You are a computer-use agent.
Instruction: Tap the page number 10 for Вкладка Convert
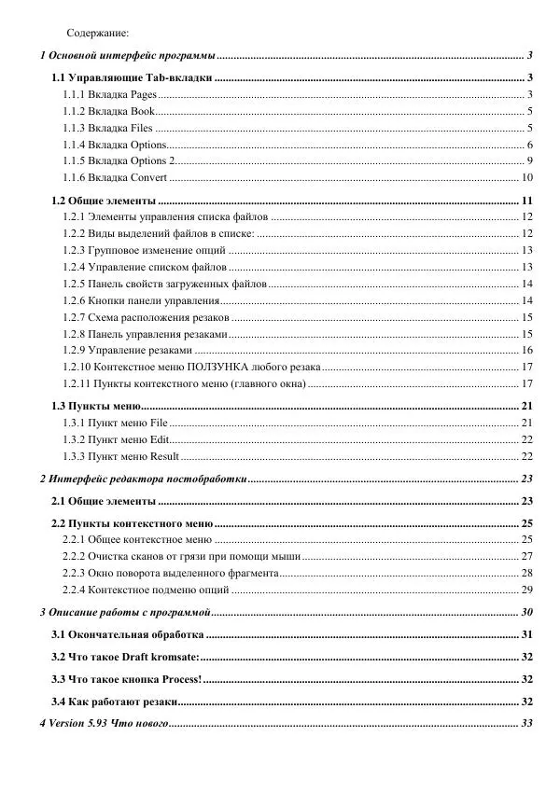click(x=526, y=177)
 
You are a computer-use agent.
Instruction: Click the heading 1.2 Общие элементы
click(x=104, y=201)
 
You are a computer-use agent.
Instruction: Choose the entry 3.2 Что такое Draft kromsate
click(x=125, y=657)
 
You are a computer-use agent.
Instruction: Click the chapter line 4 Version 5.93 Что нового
click(x=103, y=724)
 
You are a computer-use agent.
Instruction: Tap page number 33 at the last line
click(x=526, y=724)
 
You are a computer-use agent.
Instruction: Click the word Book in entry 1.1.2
click(x=143, y=112)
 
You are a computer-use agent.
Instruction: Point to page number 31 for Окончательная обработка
click(x=526, y=634)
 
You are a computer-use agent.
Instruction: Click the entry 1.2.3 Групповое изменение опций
click(x=144, y=250)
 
